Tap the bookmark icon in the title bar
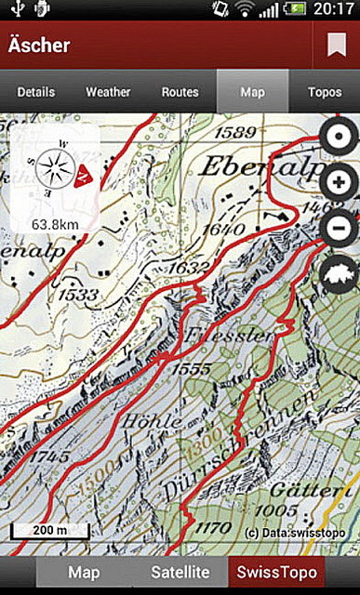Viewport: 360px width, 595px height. point(336,44)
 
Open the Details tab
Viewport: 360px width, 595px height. point(35,92)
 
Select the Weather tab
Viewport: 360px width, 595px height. point(108,92)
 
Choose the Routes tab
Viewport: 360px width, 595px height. point(180,92)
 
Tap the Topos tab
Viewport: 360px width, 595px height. point(325,92)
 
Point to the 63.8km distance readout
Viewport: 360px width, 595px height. point(54,224)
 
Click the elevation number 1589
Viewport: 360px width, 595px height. point(233,130)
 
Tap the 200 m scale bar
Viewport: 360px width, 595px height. point(50,531)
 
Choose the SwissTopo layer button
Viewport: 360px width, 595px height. point(278,573)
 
